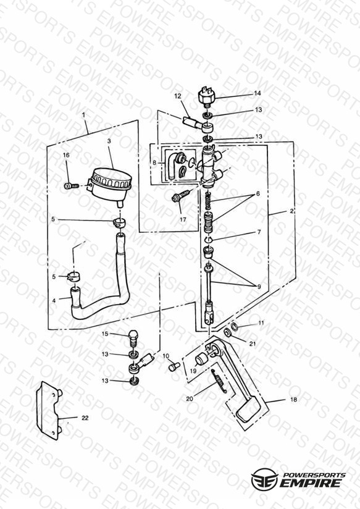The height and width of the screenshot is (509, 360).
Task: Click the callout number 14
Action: (257, 93)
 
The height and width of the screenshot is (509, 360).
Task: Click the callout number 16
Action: (66, 155)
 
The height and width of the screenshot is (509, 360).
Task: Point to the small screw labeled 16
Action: (72, 186)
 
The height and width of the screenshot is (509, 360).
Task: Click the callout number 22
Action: (85, 418)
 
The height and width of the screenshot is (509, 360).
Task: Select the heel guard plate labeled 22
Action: (48, 411)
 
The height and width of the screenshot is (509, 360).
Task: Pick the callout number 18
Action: (293, 400)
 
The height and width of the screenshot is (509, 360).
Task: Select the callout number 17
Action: (183, 219)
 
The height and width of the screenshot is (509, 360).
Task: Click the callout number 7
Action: (259, 232)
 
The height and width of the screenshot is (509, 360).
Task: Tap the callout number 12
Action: (178, 96)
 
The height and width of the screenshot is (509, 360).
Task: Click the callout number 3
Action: (109, 141)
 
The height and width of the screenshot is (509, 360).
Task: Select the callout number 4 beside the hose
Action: (54, 301)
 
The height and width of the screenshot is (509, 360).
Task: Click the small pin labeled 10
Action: (172, 367)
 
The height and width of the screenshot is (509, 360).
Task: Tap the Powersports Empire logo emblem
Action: (264, 480)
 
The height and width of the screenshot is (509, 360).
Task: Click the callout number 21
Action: (253, 343)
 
